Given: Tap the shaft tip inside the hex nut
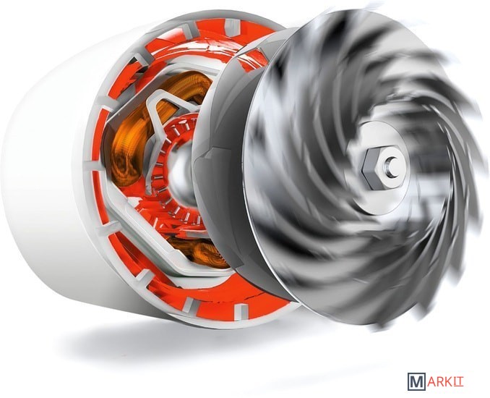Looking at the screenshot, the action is tap(391, 163).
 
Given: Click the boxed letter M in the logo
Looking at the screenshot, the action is tap(416, 381).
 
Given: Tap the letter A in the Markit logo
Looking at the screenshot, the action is tap(432, 382).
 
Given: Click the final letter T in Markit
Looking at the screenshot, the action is tap(460, 382).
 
